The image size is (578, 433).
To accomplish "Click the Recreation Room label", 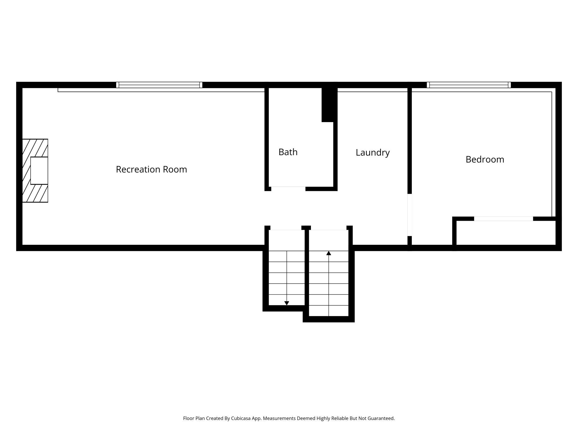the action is click(x=151, y=169).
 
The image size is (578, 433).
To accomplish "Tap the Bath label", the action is click(x=288, y=152).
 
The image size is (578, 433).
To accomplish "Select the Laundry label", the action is click(x=373, y=153).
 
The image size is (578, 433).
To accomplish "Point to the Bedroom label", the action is click(x=485, y=159).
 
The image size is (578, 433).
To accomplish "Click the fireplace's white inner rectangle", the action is click(x=39, y=170).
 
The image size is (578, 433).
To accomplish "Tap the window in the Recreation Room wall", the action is click(x=159, y=85).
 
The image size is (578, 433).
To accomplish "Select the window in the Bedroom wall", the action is click(x=469, y=85).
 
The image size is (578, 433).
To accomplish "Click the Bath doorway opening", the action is click(x=288, y=189).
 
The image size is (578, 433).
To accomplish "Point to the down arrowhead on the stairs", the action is click(x=287, y=303).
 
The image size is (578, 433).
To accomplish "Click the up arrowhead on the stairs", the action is click(x=329, y=253).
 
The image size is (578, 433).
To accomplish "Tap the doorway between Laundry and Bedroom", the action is click(x=410, y=215).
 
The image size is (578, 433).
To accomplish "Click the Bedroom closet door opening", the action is click(x=504, y=219).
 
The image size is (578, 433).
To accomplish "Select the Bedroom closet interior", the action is click(x=506, y=233).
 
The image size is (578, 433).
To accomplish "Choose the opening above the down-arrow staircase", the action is click(x=286, y=228).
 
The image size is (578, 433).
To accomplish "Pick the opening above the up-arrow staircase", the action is click(x=329, y=228).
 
